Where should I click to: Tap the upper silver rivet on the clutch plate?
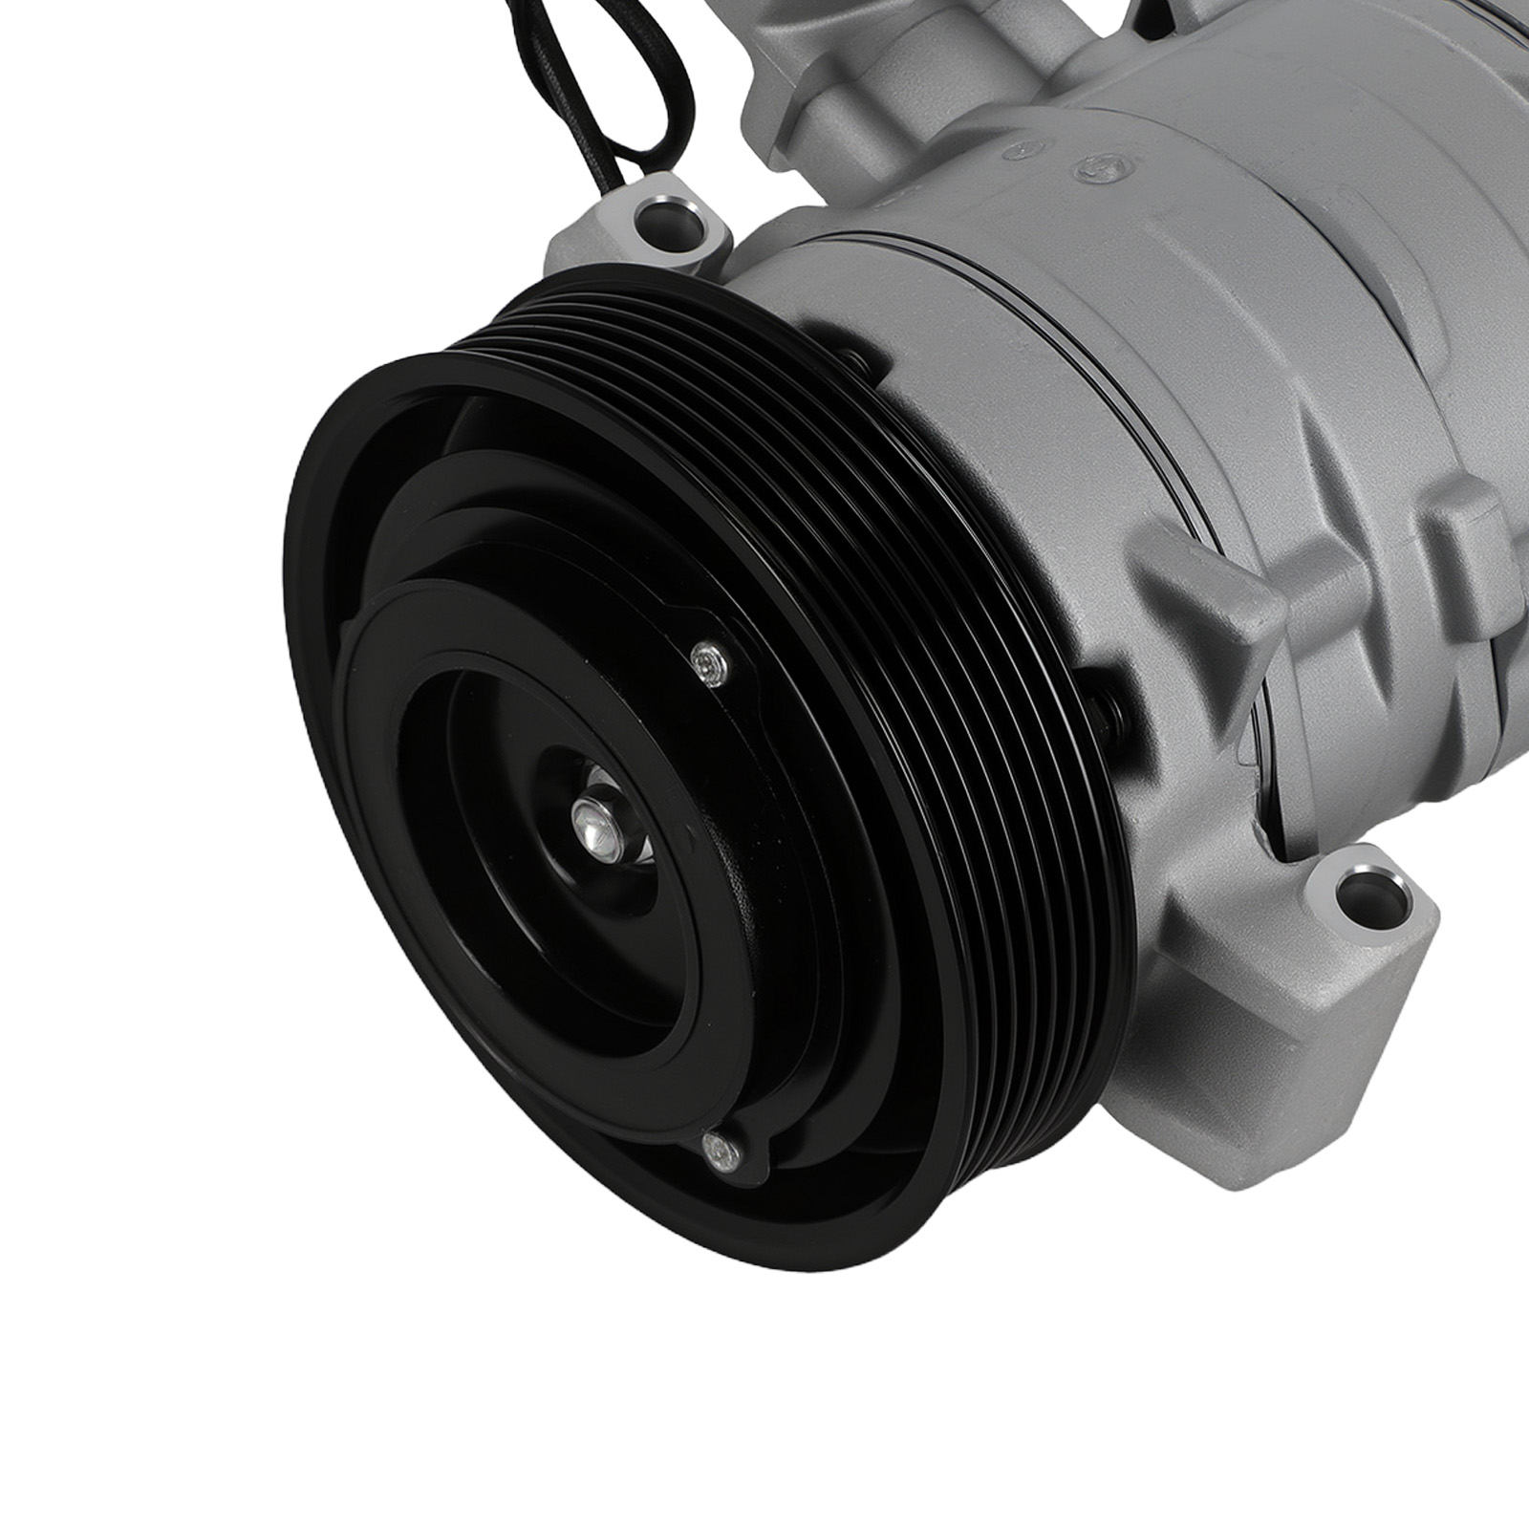[706, 661]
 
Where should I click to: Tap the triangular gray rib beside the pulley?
[1209, 592]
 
